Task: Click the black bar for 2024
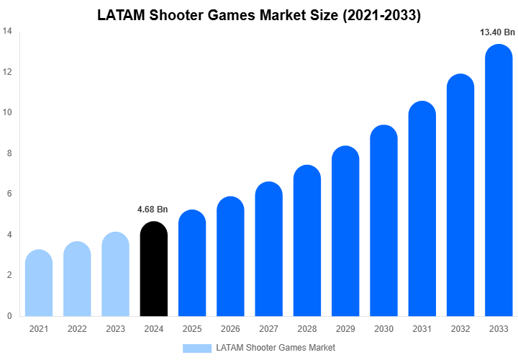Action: [x=153, y=270]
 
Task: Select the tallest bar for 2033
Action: [x=499, y=184]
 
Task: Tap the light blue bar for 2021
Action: [x=39, y=284]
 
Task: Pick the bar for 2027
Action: [x=268, y=251]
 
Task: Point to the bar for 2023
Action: [x=115, y=275]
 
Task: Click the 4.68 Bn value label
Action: [x=153, y=210]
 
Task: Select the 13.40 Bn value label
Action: [x=498, y=32]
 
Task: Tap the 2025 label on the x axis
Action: [x=191, y=329]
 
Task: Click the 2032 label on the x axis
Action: [x=460, y=329]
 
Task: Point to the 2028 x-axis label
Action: [x=306, y=329]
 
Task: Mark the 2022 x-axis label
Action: [x=77, y=329]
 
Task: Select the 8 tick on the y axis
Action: [x=9, y=153]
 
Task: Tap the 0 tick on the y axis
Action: [x=9, y=316]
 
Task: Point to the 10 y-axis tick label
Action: [x=6, y=113]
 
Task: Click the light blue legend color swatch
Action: [x=196, y=348]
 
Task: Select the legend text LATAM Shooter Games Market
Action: [x=276, y=348]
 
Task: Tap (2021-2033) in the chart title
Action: [x=378, y=14]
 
